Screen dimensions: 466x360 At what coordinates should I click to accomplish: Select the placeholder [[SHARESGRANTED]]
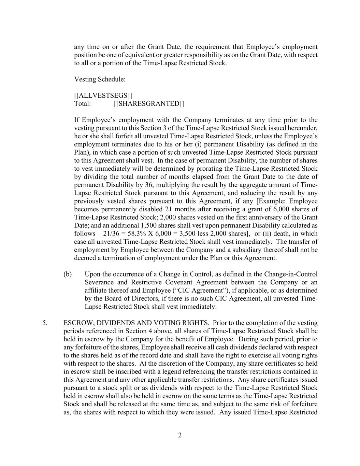pyautogui.click(x=149, y=103)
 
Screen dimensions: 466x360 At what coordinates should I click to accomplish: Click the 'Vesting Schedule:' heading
pyautogui.click(x=100, y=79)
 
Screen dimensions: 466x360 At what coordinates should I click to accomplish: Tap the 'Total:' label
pyautogui.click(x=83, y=103)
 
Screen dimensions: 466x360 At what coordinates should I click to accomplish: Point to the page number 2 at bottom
pyautogui.click(x=180, y=435)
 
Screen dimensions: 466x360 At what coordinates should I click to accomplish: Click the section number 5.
pyautogui.click(x=45, y=323)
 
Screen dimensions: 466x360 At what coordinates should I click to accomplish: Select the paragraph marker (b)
pyautogui.click(x=68, y=274)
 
